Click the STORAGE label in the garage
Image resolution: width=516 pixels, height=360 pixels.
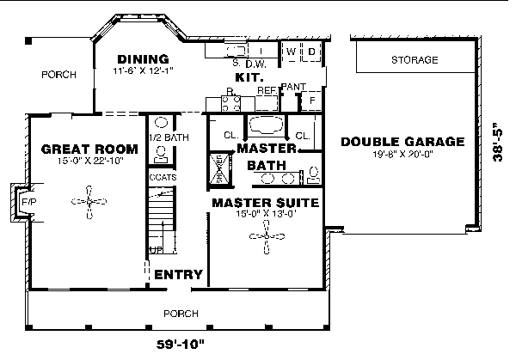(x=415, y=60)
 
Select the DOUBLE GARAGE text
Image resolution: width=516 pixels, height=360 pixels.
(x=402, y=142)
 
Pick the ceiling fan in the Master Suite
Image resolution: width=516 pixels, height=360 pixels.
(x=269, y=237)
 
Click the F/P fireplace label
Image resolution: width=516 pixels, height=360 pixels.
(x=27, y=203)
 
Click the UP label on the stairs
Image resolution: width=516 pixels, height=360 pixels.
(x=157, y=249)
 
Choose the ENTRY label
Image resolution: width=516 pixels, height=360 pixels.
(x=178, y=276)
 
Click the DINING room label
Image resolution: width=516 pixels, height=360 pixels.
(x=142, y=59)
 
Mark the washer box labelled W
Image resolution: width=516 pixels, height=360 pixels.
(x=292, y=52)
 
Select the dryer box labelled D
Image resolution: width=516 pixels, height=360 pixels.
(x=312, y=52)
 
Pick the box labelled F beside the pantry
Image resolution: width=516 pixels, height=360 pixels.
(x=312, y=101)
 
